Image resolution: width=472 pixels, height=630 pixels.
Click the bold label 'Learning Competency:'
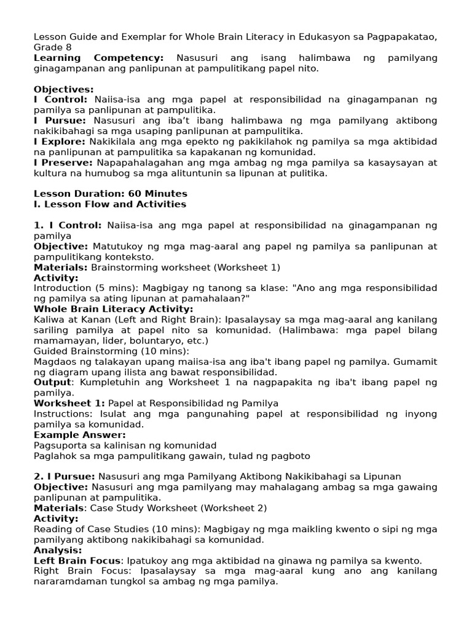(98, 58)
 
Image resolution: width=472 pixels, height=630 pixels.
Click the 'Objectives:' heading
(64, 89)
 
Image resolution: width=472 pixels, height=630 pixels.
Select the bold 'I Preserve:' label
(63, 163)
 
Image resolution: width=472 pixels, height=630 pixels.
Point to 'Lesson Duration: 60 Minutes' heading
(102, 194)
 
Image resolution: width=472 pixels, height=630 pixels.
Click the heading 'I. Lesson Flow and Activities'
(110, 204)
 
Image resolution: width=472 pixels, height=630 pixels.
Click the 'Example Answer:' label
(80, 435)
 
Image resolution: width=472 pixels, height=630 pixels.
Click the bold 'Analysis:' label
(58, 550)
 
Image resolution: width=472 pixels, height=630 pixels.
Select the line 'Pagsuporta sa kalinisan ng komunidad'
(125, 445)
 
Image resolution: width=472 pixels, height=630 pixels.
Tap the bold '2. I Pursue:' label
(64, 476)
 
